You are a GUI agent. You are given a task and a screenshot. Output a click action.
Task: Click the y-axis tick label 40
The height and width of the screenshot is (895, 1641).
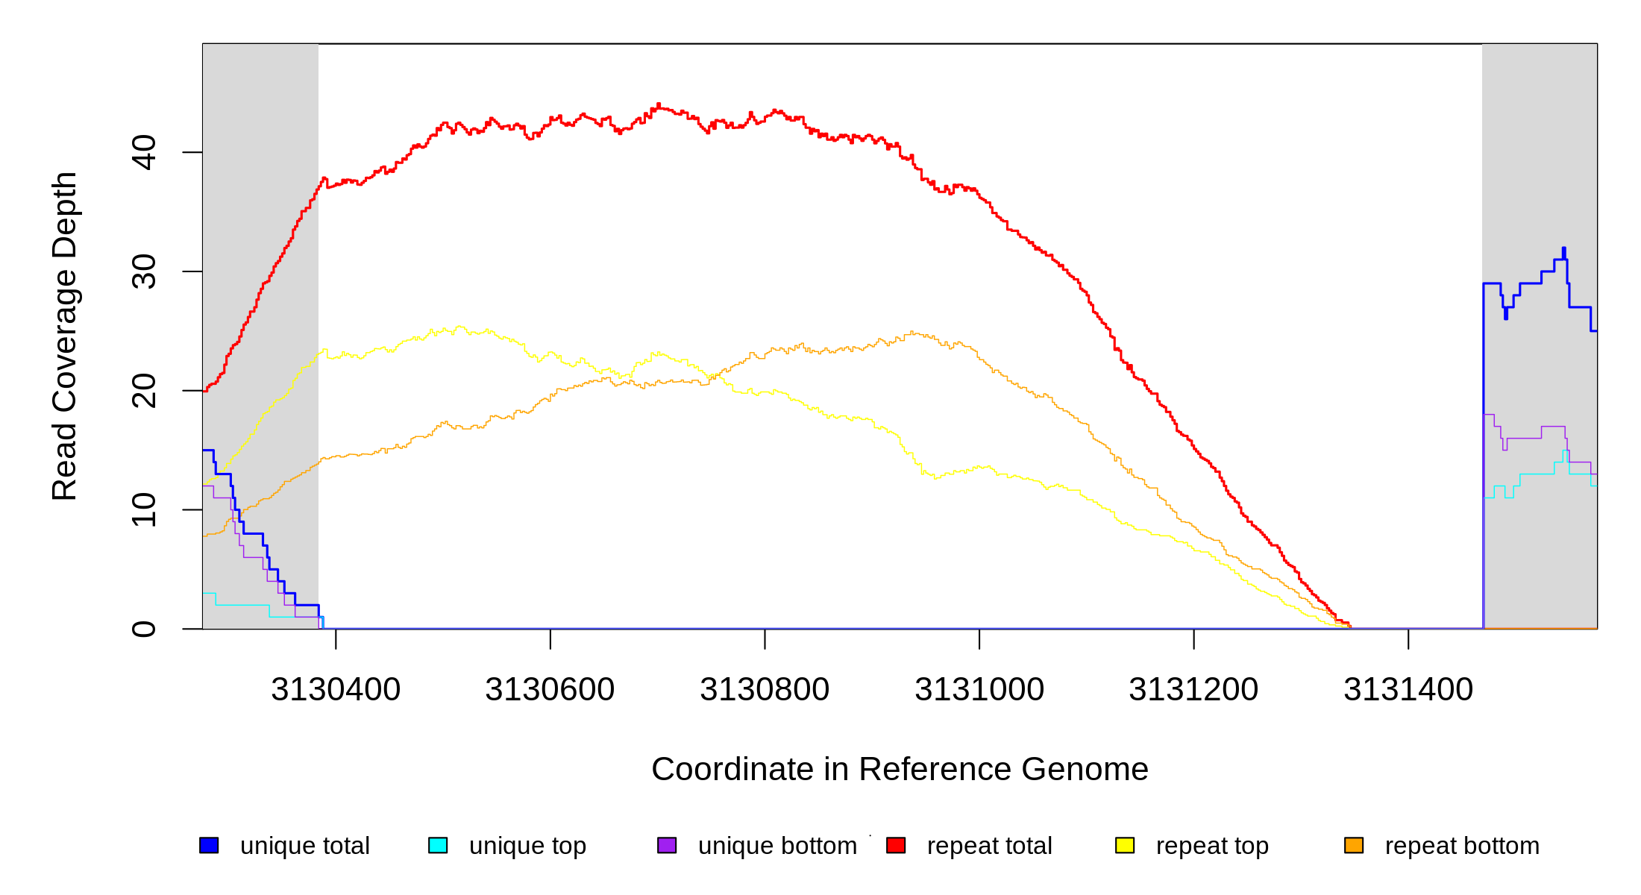143,152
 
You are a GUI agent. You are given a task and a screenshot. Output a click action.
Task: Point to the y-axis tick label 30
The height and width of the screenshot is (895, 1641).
143,271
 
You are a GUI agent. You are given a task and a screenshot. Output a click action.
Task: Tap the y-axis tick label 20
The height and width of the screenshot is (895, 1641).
143,391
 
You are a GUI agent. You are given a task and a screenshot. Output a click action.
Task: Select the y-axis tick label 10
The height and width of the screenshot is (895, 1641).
143,509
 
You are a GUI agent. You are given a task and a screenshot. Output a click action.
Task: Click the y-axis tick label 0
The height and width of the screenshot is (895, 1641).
143,629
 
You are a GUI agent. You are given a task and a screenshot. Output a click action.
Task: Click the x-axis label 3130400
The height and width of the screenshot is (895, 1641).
336,690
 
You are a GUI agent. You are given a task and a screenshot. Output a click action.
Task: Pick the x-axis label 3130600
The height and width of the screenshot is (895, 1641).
550,690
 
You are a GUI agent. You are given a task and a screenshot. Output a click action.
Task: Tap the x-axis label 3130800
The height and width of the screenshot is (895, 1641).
765,690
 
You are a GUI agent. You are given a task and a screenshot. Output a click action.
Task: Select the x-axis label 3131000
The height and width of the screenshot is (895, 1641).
979,690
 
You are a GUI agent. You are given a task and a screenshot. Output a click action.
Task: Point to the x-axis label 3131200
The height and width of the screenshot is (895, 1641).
1193,690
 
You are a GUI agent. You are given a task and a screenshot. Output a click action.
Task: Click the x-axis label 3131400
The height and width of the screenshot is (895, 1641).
1408,690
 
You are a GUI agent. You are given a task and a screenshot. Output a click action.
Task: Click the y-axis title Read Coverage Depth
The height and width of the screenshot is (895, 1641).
64,336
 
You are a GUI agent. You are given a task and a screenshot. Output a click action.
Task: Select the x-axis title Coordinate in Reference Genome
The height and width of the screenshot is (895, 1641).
900,769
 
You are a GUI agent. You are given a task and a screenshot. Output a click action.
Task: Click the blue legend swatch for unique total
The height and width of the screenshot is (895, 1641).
209,845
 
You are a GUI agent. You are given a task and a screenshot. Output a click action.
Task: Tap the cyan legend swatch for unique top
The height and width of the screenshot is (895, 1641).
438,845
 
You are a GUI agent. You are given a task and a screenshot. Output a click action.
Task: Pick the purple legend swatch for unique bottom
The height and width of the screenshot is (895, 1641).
667,845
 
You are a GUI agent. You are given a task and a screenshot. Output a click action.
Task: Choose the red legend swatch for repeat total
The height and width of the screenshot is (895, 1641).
896,845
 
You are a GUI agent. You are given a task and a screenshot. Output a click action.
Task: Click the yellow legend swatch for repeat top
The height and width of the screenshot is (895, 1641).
1125,845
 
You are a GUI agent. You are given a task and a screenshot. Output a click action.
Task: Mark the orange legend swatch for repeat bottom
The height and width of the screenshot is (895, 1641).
1354,845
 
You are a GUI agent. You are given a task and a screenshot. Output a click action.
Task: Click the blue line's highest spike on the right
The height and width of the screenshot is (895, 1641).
1564,249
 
